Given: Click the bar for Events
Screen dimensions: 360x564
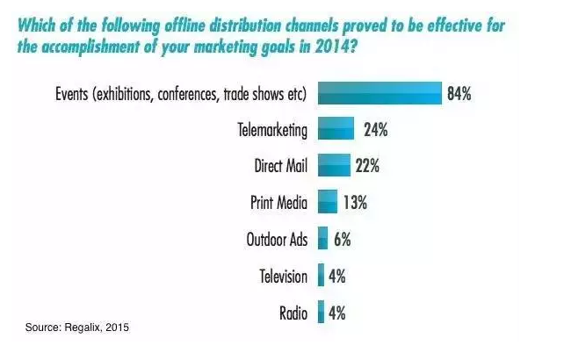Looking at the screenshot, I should pyautogui.click(x=379, y=94).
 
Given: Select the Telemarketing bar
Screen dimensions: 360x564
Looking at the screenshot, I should pyautogui.click(x=336, y=130).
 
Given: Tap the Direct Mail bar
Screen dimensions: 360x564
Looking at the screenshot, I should pyautogui.click(x=334, y=166).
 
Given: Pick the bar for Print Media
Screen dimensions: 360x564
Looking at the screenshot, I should pyautogui.click(x=327, y=202).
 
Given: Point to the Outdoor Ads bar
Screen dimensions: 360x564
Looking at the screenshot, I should pyautogui.click(x=322, y=238).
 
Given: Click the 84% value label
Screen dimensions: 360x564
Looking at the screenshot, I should pyautogui.click(x=459, y=94).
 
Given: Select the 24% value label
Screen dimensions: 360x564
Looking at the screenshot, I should pyautogui.click(x=375, y=130).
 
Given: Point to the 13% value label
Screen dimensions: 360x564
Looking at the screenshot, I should pyautogui.click(x=354, y=202).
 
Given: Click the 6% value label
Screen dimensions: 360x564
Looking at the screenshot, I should pyautogui.click(x=343, y=238).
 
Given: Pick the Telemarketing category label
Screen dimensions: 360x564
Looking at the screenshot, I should pyautogui.click(x=272, y=131).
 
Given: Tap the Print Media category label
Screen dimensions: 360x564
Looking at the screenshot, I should pyautogui.click(x=278, y=203).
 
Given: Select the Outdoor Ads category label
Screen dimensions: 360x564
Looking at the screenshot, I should pyautogui.click(x=276, y=239).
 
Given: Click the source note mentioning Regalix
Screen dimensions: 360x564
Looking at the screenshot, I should pyautogui.click(x=77, y=328).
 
